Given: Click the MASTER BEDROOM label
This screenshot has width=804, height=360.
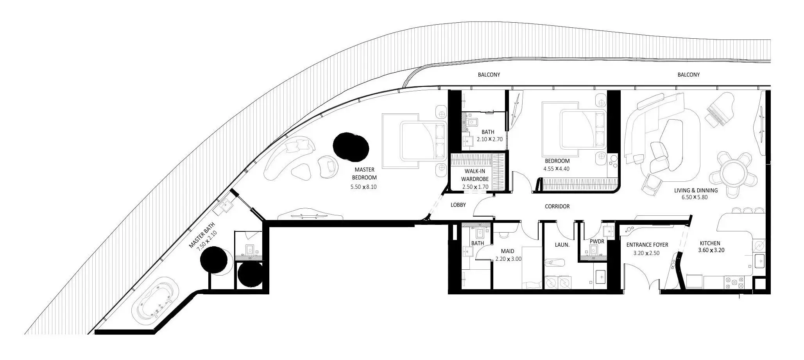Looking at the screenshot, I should tap(364, 174).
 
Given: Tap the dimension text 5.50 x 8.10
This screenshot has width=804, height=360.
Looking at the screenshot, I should tap(364, 187).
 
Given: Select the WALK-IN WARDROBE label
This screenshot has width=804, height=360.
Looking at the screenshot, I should tap(475, 175).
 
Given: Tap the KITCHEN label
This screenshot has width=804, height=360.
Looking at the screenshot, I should tap(710, 243).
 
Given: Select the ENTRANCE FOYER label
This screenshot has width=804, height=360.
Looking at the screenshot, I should tap(647, 245).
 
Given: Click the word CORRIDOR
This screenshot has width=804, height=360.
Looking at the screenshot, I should tap(557, 206).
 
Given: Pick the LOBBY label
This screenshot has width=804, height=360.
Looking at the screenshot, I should tap(458, 205).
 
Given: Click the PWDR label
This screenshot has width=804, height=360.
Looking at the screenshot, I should tap(597, 242).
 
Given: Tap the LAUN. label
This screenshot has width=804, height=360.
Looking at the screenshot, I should tap(562, 245).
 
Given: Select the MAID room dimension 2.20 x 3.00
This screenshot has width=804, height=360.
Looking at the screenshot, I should tap(508, 259).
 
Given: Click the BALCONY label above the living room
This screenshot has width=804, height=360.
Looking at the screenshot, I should tap(688, 75).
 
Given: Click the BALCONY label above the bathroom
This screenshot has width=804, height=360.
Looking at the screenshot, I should tap(489, 75).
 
